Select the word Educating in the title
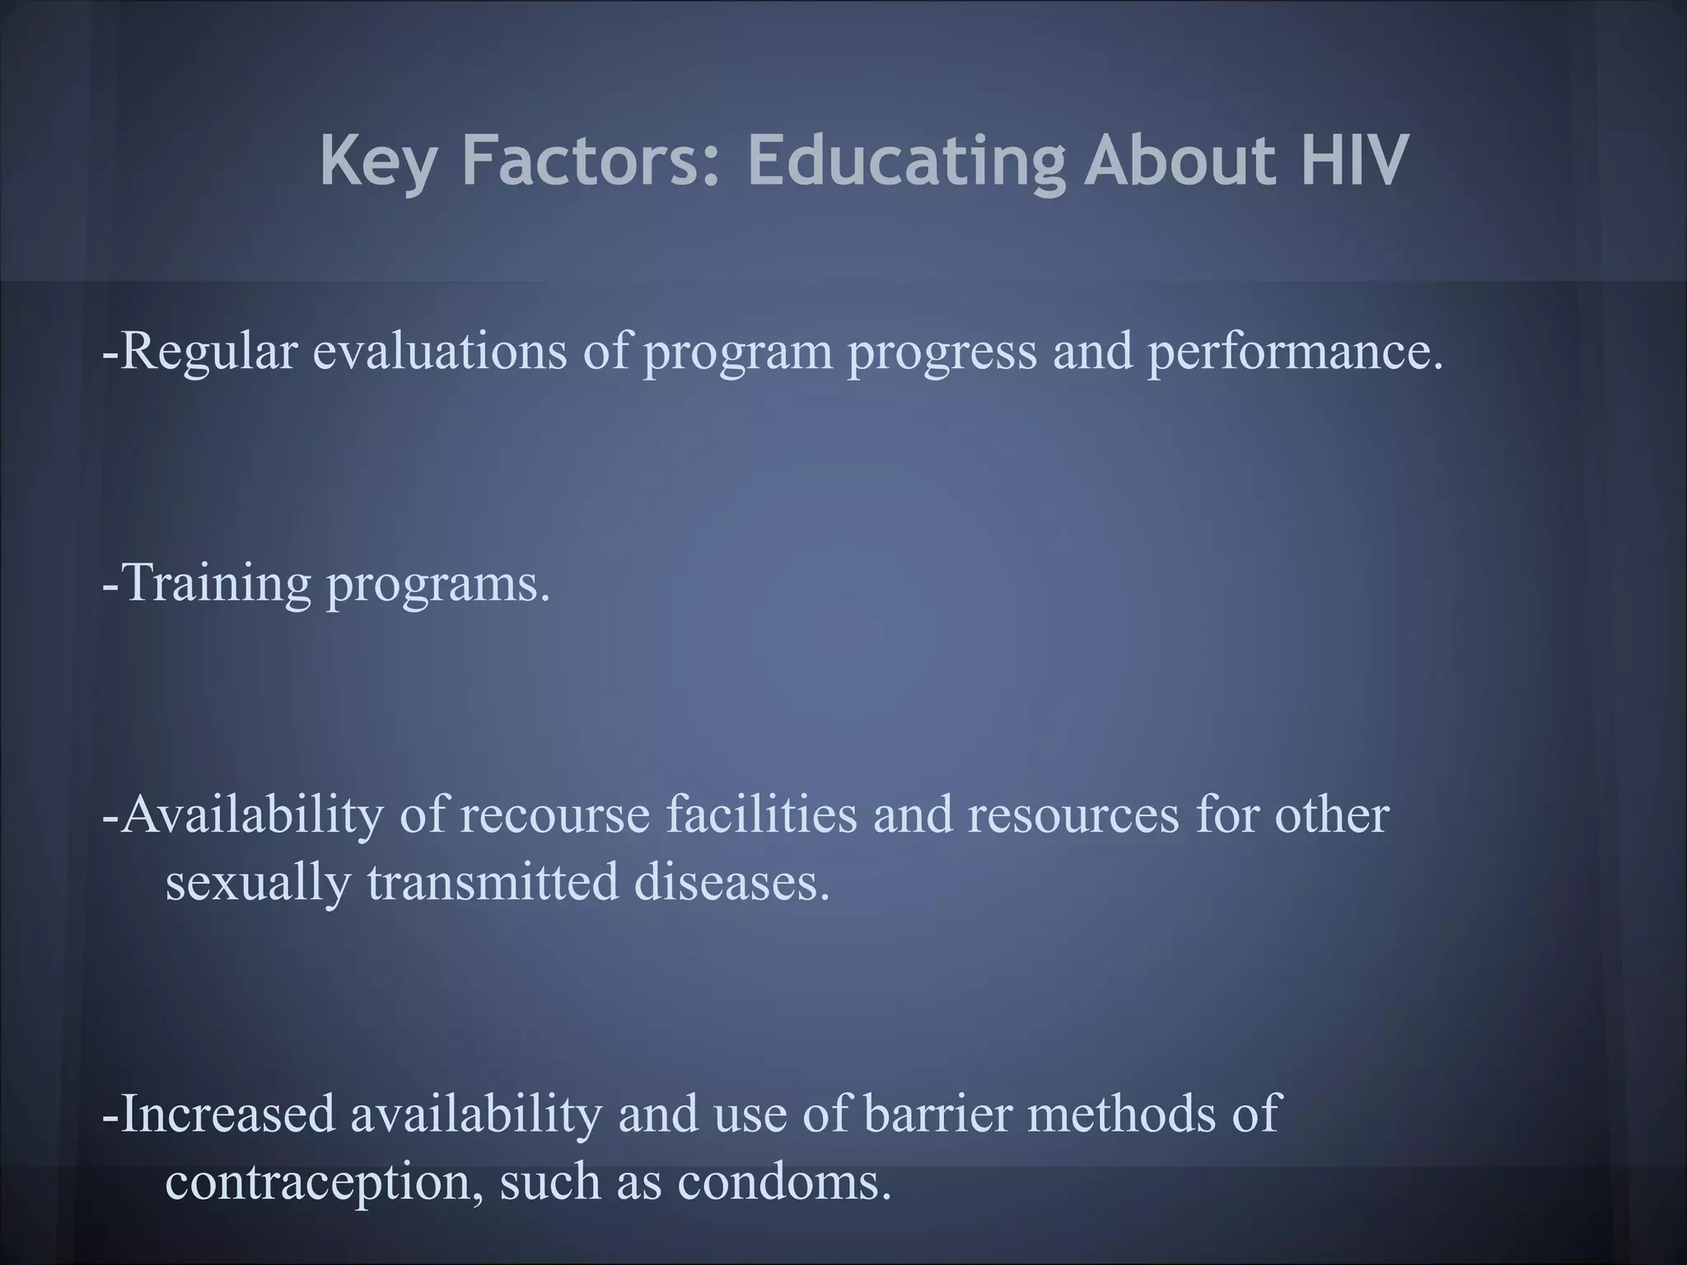coord(906,161)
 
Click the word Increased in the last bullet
coord(227,1113)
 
